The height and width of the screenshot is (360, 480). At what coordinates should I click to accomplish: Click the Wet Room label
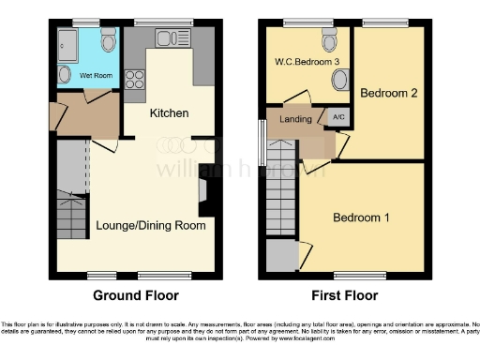pos(97,75)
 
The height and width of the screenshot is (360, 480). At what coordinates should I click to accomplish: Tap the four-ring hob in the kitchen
pos(132,76)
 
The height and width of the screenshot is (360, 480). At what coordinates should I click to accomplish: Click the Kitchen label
pos(170,113)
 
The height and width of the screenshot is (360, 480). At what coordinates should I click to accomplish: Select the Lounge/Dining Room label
pos(151,225)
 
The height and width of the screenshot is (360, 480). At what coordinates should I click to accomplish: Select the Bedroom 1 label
pos(363,217)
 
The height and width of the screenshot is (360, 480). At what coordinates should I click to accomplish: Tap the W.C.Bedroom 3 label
pos(307,63)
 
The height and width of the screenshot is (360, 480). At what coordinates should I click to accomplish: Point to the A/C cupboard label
pos(338,118)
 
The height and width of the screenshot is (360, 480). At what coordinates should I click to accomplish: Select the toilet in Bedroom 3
pos(329,41)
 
